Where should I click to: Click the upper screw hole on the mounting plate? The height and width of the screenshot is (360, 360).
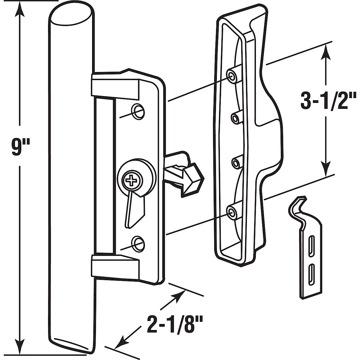tap(138, 110)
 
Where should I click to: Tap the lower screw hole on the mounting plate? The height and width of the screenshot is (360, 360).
tap(138, 242)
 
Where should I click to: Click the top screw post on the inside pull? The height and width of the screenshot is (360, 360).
tap(232, 76)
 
